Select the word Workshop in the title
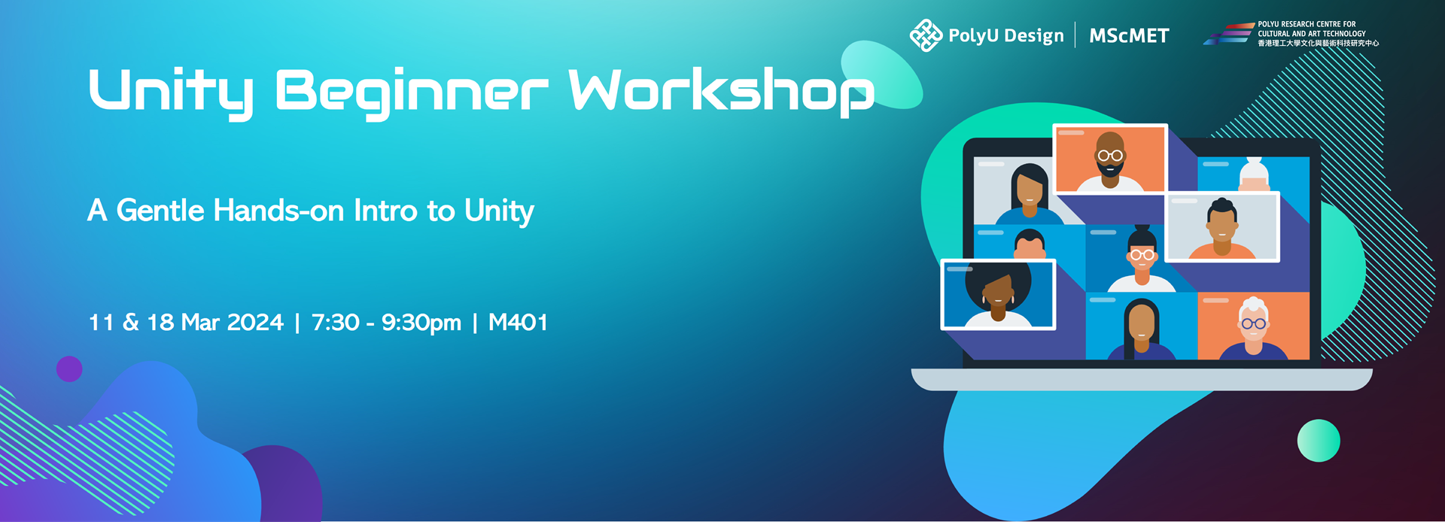(x=721, y=92)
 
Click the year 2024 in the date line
(x=255, y=323)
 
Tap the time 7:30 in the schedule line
(x=335, y=323)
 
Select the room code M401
(x=518, y=323)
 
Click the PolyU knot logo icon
(x=926, y=35)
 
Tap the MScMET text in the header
(x=1129, y=36)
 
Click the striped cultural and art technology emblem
(x=1228, y=34)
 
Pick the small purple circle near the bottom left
(x=69, y=369)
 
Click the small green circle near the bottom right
(x=1319, y=441)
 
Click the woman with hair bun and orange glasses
(x=1142, y=259)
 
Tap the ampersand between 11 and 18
(x=131, y=323)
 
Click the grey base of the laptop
(x=1142, y=379)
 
